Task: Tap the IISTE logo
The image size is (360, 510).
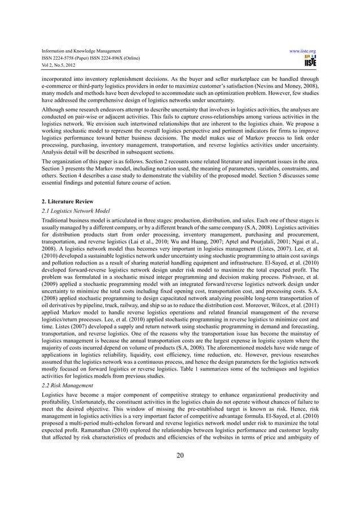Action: coord(310,60)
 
